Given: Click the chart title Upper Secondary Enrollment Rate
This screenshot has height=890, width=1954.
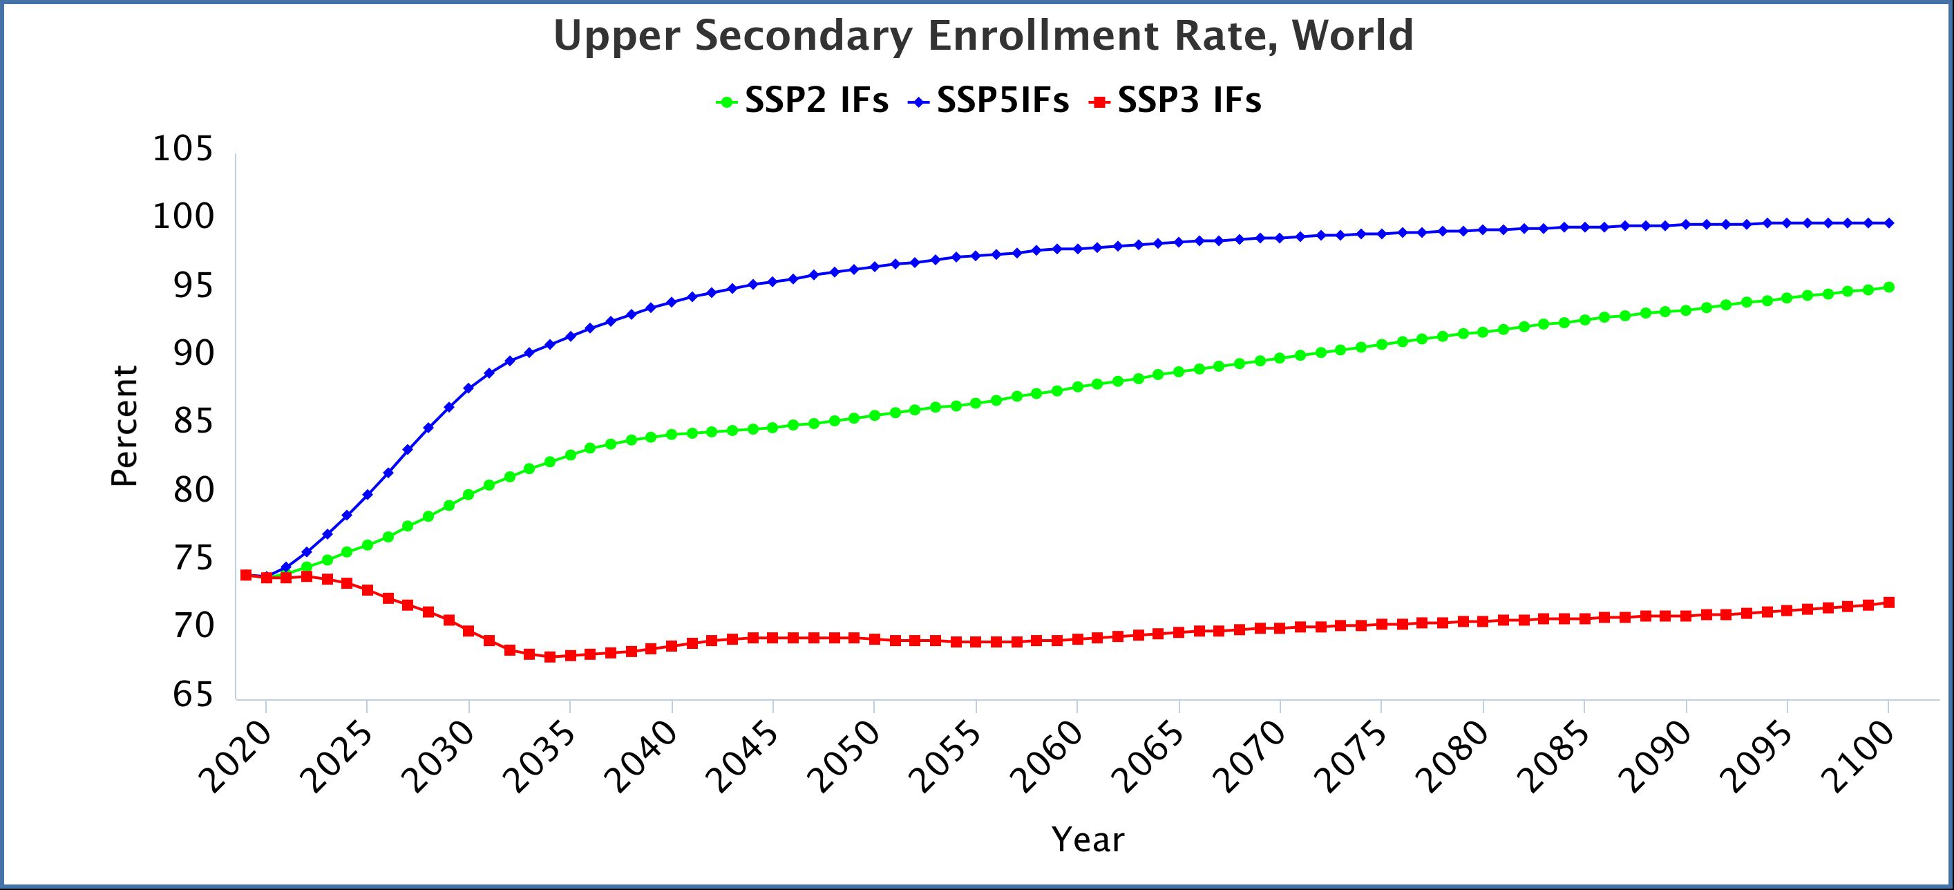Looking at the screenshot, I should point(983,37).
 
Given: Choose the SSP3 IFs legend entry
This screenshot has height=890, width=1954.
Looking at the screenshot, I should point(1175,101).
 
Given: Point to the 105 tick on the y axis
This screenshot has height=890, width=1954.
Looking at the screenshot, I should point(183,149).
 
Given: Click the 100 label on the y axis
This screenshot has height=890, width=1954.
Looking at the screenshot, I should point(183,218).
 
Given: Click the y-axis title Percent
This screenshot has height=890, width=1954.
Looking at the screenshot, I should point(124,426).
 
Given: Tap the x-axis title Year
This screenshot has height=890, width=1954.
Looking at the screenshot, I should point(1088,840).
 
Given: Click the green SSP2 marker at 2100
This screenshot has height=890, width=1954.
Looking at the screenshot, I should point(1889,287).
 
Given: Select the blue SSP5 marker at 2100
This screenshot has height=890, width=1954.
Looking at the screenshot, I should point(1889,223).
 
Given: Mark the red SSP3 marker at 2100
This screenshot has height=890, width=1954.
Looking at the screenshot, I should point(1889,603).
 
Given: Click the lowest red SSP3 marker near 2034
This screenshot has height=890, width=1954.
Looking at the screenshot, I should point(550,656).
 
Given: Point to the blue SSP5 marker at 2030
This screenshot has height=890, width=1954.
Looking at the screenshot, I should point(468,388).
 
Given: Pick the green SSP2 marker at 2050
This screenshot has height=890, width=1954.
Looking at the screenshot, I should point(875,415).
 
